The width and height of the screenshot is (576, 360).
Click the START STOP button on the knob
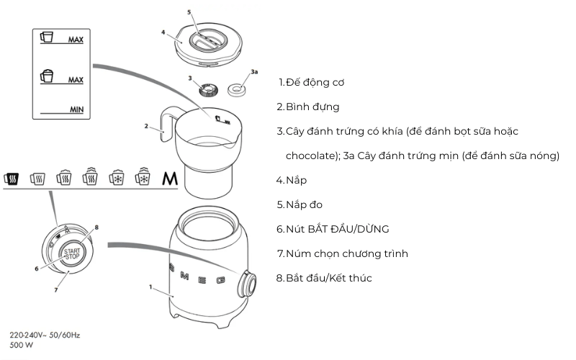tap(72, 253)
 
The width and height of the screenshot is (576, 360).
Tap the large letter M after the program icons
tap(169, 178)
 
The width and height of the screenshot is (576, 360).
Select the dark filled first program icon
tap(11, 178)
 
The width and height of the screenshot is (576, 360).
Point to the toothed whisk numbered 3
tap(211, 90)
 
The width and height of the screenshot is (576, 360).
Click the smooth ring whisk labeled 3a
tap(235, 89)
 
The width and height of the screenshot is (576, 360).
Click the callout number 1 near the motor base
tap(150, 287)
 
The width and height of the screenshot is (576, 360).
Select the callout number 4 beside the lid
tap(163, 32)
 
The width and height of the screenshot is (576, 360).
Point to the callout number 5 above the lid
tap(189, 12)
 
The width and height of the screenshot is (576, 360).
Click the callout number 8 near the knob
tap(96, 227)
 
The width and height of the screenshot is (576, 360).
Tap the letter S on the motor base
tap(172, 270)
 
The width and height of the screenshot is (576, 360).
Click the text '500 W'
tap(21, 345)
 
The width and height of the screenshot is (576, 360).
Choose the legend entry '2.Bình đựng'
tap(308, 107)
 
